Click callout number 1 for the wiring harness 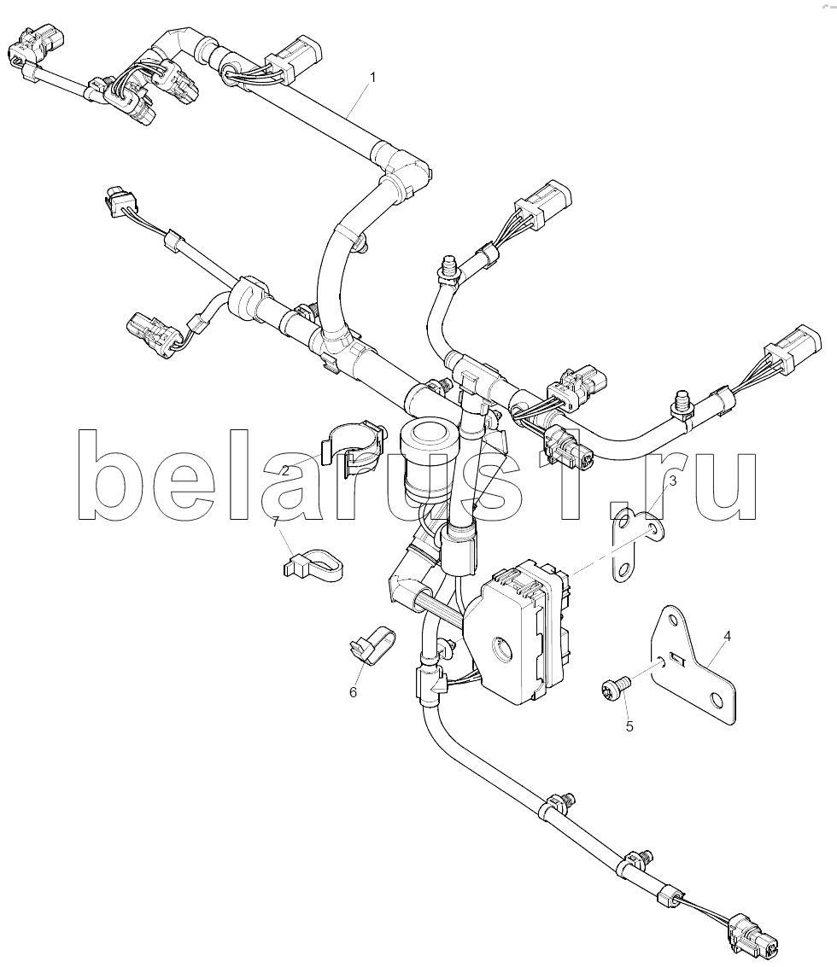click(372, 77)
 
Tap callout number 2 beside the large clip click(285, 470)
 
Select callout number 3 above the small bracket click(673, 481)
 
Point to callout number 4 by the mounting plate click(727, 635)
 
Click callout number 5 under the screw click(629, 726)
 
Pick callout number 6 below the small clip click(353, 692)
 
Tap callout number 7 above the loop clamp click(276, 522)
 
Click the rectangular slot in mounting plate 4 click(677, 659)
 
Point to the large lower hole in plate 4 click(717, 699)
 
